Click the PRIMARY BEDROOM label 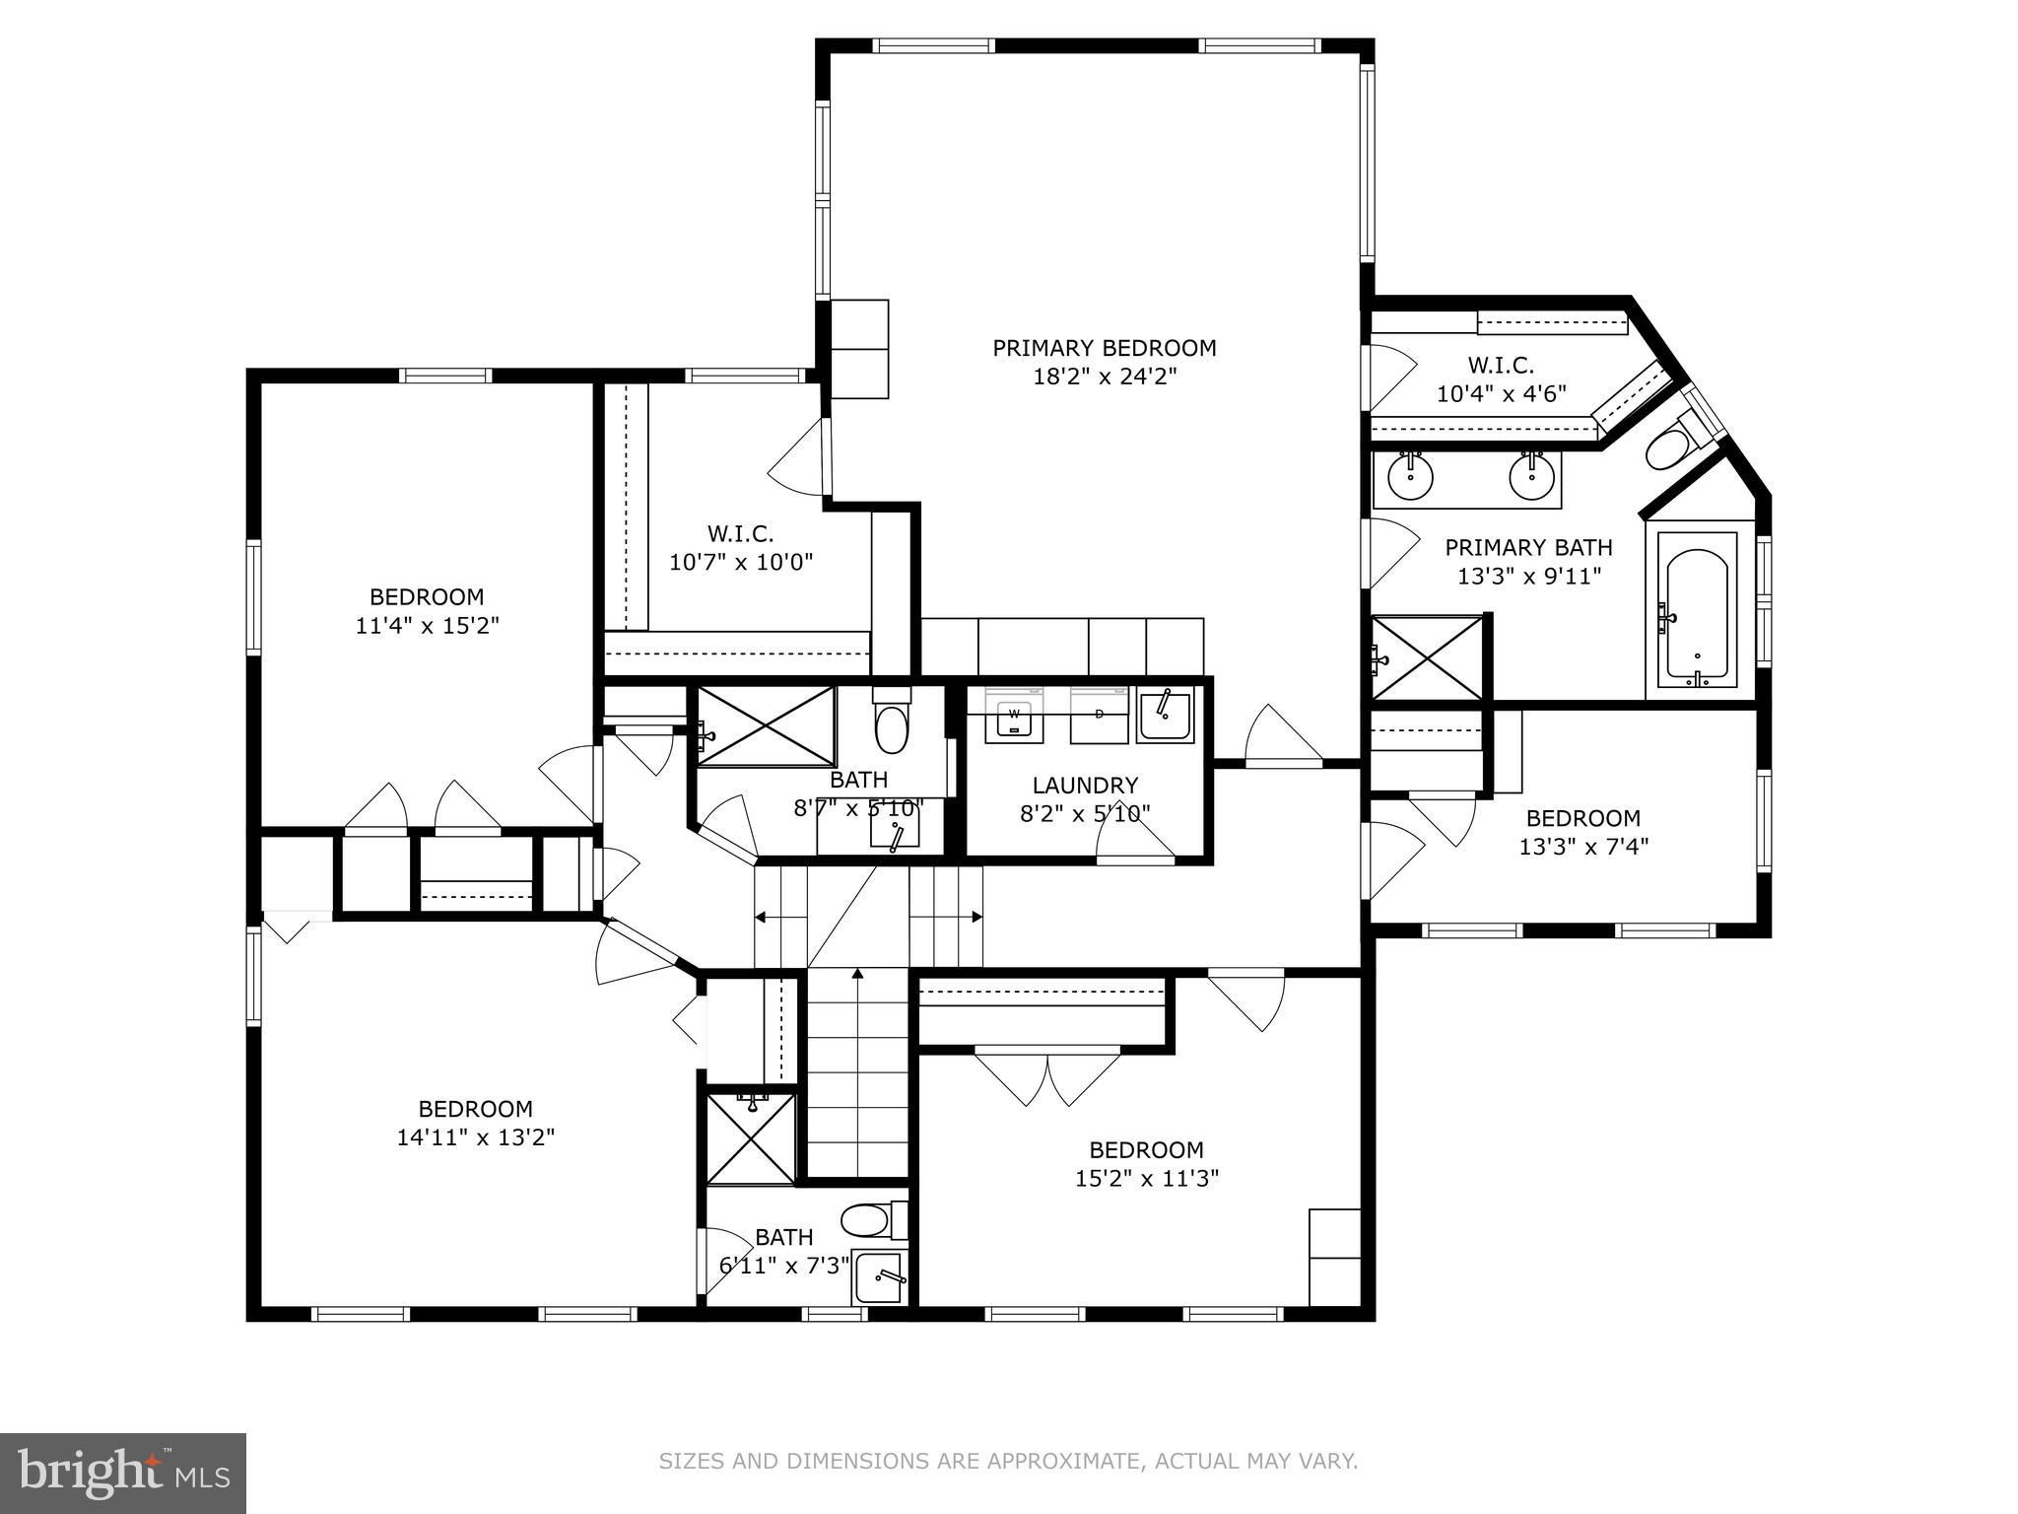tap(1104, 348)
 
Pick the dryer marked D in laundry tap(1099, 714)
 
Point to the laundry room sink tap(1165, 715)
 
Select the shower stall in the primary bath tap(1427, 658)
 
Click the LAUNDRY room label tap(1085, 786)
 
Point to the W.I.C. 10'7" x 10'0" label tap(741, 548)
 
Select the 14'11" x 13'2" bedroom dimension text tap(476, 1137)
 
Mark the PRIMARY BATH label tap(1528, 547)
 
